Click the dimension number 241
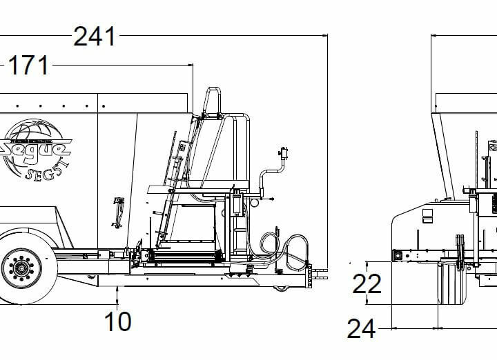click(x=95, y=37)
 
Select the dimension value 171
click(x=28, y=66)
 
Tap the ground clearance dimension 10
click(x=118, y=321)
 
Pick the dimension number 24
click(x=361, y=329)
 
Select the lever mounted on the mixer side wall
click(x=118, y=207)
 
